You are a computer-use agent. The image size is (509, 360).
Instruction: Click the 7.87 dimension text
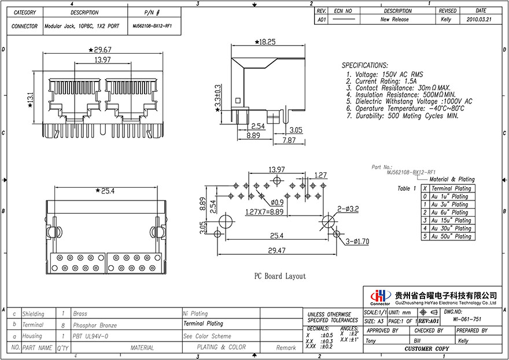pyautogui.click(x=289, y=140)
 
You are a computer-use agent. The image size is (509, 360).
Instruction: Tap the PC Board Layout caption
pyautogui.click(x=280, y=276)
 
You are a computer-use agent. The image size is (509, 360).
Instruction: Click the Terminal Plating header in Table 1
pyautogui.click(x=451, y=188)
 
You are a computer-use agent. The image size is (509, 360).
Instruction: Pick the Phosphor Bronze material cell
pyautogui.click(x=95, y=325)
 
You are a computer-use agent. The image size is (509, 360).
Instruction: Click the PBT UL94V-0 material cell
pyautogui.click(x=90, y=336)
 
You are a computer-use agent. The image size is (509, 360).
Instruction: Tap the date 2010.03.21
pyautogui.click(x=480, y=19)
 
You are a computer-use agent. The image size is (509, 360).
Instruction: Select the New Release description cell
pyautogui.click(x=394, y=19)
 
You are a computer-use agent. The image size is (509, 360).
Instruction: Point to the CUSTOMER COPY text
pyautogui.click(x=426, y=349)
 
